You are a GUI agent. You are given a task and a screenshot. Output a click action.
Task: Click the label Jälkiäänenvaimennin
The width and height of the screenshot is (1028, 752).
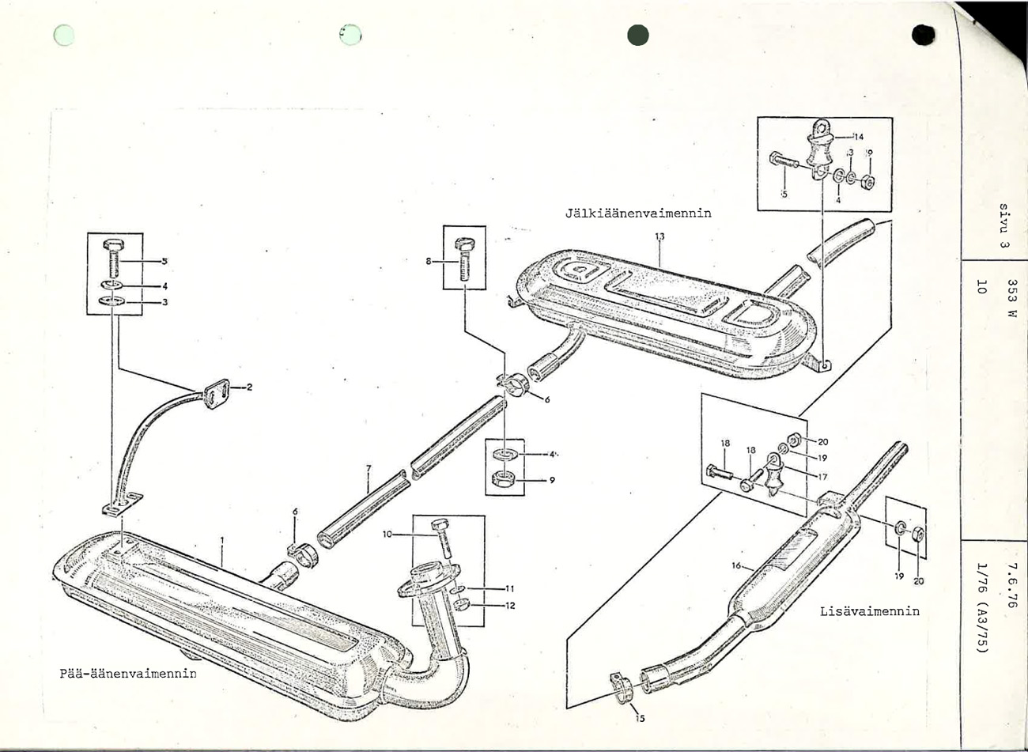(638, 214)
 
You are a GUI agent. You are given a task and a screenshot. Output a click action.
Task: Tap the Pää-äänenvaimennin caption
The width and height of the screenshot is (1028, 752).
(128, 674)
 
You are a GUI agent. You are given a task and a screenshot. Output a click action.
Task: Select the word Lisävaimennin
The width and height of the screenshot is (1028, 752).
(869, 611)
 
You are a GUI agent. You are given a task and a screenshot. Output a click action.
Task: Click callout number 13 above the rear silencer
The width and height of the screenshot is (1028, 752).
(660, 236)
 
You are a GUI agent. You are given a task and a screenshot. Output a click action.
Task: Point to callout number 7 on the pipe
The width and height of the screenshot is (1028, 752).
(368, 468)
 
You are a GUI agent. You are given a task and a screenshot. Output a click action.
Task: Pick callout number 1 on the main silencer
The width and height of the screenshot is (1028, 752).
(222, 541)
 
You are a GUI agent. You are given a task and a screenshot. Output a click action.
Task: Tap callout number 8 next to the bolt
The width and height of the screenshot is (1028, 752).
(429, 261)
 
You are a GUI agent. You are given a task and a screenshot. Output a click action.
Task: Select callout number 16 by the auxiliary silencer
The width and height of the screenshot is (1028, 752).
(736, 565)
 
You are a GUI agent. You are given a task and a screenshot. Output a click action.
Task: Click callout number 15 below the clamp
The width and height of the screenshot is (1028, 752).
(641, 718)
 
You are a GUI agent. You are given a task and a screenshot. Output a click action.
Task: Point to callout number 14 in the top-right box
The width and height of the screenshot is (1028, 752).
(858, 137)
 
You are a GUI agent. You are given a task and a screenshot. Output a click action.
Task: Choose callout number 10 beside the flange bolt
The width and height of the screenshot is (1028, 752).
(387, 535)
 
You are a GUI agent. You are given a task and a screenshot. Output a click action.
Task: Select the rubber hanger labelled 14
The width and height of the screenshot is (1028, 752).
(818, 146)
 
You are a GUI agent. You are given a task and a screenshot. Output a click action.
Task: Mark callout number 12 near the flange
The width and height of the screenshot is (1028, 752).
(509, 606)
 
